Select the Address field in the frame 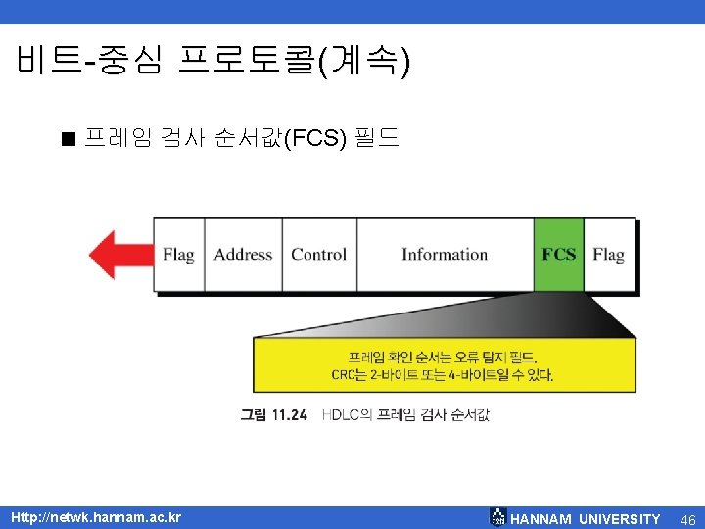tap(243, 255)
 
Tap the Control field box tap(319, 255)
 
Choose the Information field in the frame tap(445, 255)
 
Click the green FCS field tap(559, 255)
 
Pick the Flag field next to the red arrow tap(178, 255)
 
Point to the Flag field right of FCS tap(608, 255)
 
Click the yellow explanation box tap(444, 364)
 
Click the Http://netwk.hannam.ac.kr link tap(96, 517)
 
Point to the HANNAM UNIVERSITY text tap(586, 519)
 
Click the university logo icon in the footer tap(497, 517)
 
